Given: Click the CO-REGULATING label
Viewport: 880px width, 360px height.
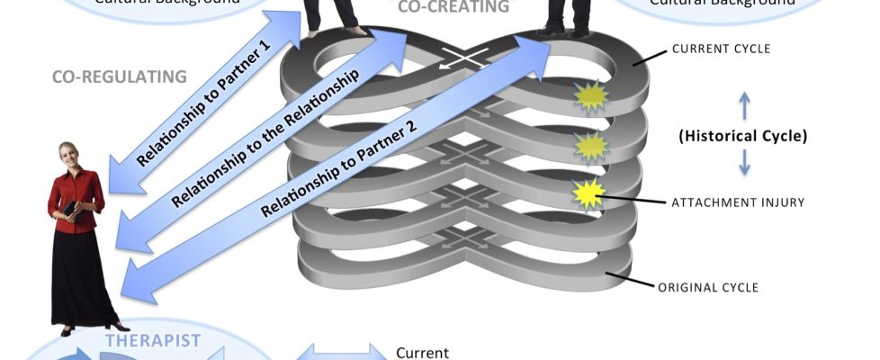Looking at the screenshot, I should [120, 76].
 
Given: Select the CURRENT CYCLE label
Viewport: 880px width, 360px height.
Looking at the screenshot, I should [722, 49].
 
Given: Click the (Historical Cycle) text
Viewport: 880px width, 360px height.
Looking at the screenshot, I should [742, 138].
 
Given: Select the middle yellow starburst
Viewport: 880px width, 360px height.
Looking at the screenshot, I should [591, 146].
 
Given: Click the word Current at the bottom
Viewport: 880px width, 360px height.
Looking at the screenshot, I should [421, 353].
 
